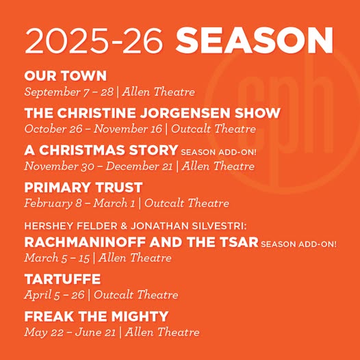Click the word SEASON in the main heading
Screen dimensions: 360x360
tap(255, 40)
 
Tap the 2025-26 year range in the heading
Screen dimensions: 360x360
tap(94, 41)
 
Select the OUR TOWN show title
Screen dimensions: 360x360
tap(66, 76)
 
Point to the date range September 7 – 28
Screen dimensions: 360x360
tap(69, 92)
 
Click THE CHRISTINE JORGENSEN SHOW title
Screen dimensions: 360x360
tap(153, 113)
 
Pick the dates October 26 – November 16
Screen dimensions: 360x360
tap(93, 129)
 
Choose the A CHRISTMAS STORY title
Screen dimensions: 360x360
tap(101, 150)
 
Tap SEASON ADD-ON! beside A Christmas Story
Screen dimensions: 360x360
tap(218, 152)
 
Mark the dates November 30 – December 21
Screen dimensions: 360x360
tap(99, 166)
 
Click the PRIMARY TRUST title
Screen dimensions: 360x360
tap(83, 188)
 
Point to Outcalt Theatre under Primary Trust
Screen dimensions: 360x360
tap(187, 203)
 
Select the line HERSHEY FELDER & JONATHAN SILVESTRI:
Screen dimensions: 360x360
tap(136, 226)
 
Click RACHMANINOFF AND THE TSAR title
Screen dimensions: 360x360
tap(142, 242)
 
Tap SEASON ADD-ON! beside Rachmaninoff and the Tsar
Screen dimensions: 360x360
tap(298, 244)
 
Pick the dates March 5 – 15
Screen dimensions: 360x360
tap(57, 258)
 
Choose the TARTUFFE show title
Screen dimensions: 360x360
tap(62, 279)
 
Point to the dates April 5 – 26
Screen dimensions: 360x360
tap(54, 295)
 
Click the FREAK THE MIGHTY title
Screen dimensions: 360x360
tap(97, 316)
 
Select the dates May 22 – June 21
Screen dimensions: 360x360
tap(70, 333)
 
